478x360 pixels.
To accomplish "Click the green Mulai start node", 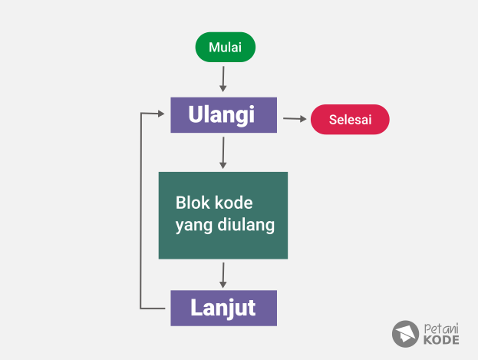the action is click(x=226, y=47).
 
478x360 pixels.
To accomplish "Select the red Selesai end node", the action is click(x=350, y=119).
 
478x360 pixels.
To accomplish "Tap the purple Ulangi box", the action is click(x=224, y=115).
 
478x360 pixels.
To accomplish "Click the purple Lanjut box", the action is click(x=224, y=308).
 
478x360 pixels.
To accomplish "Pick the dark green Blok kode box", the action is click(x=223, y=216).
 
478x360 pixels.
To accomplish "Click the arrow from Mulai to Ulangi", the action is click(x=223, y=79).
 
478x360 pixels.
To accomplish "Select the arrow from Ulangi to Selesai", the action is click(x=295, y=119).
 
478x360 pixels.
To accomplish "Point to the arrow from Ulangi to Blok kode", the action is click(x=223, y=153).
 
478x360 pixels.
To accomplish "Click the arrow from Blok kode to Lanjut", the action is click(x=223, y=276).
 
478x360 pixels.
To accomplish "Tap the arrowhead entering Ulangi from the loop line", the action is click(x=161, y=114).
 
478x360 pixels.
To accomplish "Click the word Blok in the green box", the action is click(x=193, y=203).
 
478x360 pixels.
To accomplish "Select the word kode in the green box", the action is click(x=233, y=203).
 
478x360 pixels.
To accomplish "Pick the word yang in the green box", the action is click(x=194, y=226).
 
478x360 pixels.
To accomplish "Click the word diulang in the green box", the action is click(x=246, y=225).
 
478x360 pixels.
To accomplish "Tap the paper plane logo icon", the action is click(x=405, y=334).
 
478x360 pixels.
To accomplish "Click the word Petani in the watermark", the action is click(x=441, y=329).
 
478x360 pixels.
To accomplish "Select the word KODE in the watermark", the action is click(x=441, y=340).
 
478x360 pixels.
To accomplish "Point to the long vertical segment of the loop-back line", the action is click(x=140, y=211).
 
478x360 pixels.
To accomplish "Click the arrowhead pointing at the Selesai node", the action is click(x=303, y=119).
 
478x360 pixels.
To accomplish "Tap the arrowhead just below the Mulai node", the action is click(x=223, y=88).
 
